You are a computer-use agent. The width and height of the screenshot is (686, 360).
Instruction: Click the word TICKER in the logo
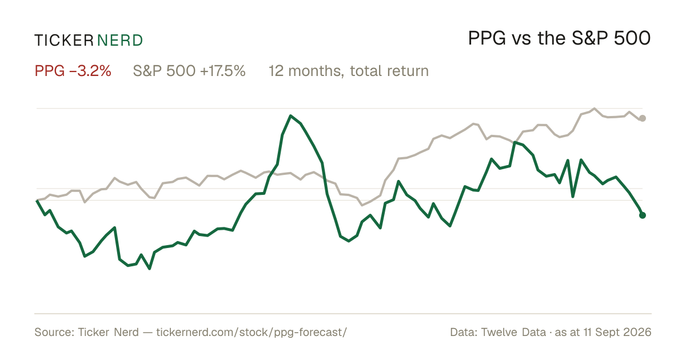63,41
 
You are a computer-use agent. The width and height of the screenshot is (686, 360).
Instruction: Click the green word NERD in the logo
119,41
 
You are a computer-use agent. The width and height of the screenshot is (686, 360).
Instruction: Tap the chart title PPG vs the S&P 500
559,38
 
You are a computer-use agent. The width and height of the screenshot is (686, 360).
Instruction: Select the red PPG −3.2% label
73,71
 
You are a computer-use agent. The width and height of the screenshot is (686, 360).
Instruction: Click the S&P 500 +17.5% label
189,71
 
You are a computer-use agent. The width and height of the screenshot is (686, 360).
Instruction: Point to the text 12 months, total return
349,71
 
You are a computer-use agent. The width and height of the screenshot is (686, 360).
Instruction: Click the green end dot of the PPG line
643,215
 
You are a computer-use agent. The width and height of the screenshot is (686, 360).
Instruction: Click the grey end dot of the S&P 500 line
643,118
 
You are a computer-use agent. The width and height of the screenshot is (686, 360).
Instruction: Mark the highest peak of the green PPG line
290,115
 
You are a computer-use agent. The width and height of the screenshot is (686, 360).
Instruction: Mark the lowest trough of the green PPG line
149,269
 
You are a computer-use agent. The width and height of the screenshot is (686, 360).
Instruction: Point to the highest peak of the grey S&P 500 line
595,109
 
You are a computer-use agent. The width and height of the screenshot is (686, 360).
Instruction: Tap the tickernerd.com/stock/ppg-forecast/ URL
252,332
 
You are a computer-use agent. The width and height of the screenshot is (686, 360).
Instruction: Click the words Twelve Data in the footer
513,332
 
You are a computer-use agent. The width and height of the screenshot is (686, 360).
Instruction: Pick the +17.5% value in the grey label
222,71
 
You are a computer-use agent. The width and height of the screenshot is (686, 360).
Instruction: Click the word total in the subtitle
366,71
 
